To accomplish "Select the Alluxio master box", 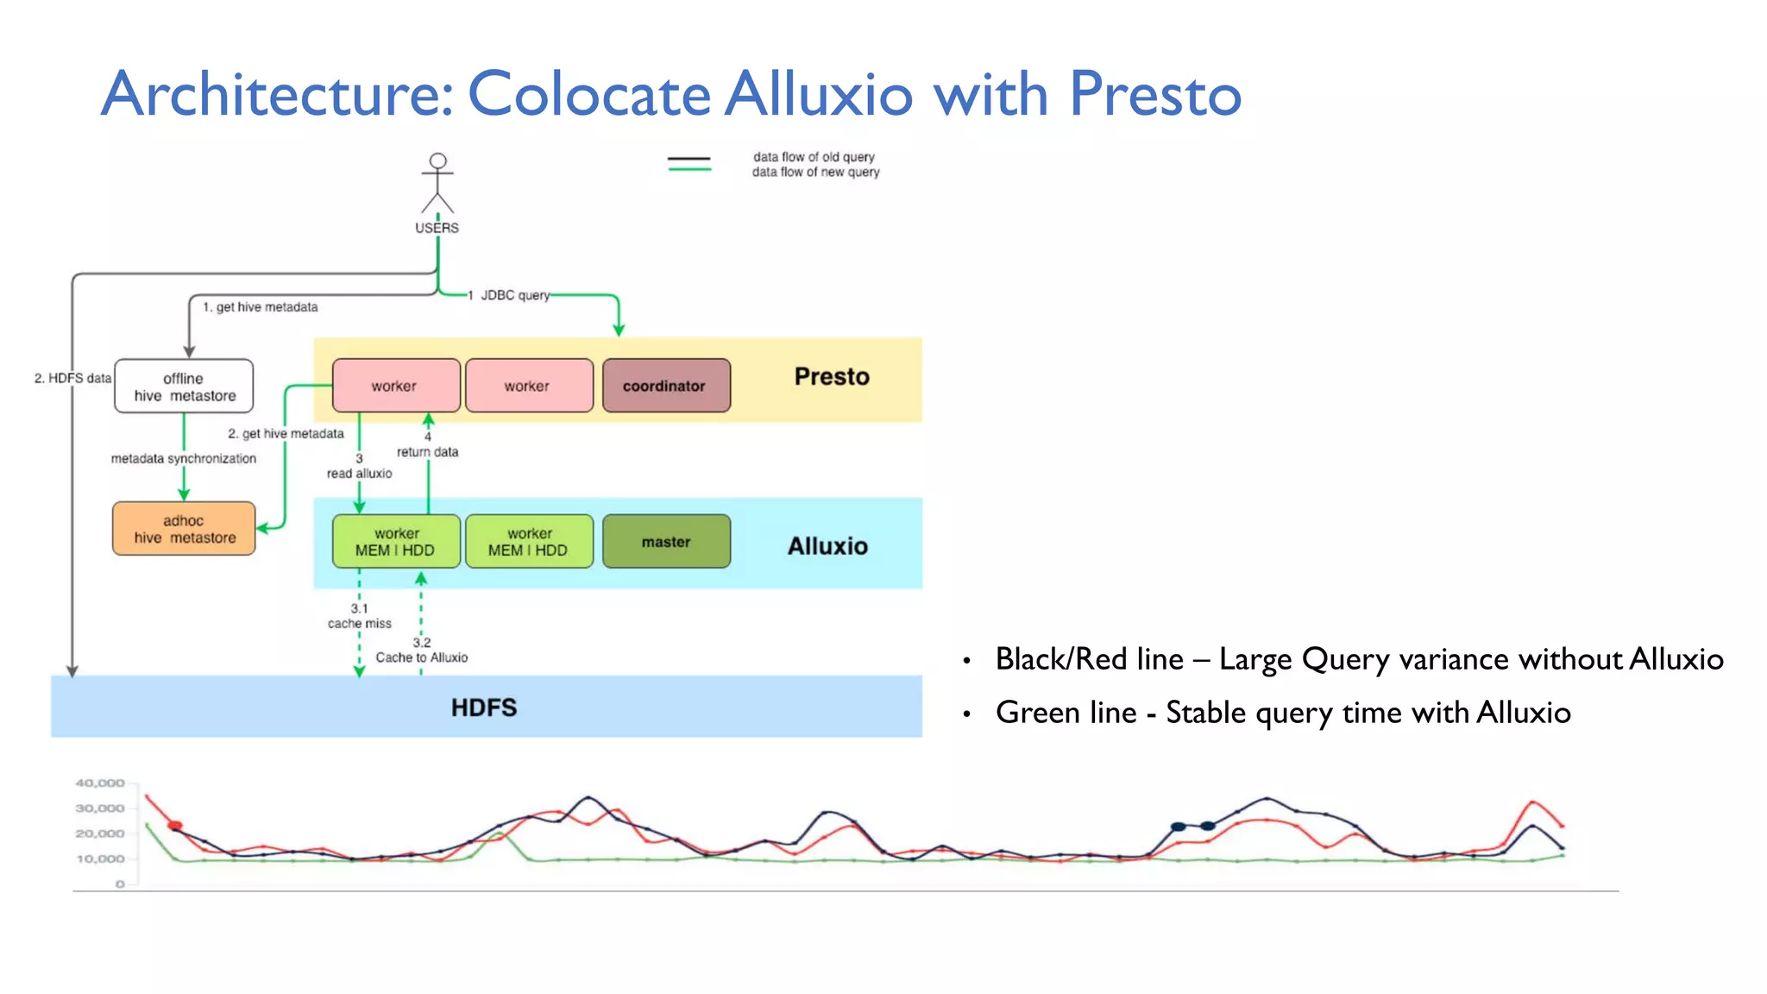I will [x=666, y=542].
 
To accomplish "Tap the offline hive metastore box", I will [x=184, y=387].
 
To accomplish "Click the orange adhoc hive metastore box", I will [x=184, y=529].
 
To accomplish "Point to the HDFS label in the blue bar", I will [x=484, y=708].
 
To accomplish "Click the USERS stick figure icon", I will [x=437, y=183].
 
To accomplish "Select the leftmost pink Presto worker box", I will [x=395, y=386].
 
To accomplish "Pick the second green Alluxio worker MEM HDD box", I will [x=529, y=542].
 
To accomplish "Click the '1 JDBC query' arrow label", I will [x=509, y=295].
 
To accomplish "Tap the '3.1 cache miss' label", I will [x=359, y=616].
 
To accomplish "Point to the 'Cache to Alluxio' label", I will [x=421, y=657].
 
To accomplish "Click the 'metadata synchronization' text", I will [x=184, y=459].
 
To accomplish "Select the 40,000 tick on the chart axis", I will [x=100, y=783].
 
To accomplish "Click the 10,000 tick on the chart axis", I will [x=100, y=859].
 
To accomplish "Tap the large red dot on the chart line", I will [x=175, y=826].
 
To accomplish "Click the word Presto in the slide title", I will [x=1154, y=93].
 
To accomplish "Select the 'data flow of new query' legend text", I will [x=815, y=173].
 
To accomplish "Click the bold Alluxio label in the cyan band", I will [x=827, y=546].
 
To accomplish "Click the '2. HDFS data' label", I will [x=72, y=378].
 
